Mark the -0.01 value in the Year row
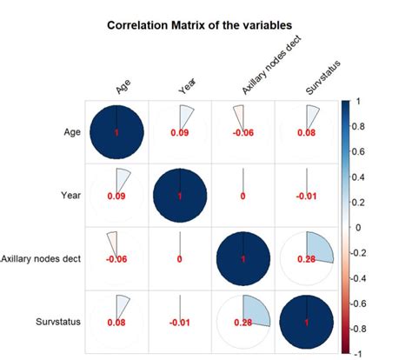coord(305,197)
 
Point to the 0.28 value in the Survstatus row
coord(243,323)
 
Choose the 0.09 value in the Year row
coord(116,197)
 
